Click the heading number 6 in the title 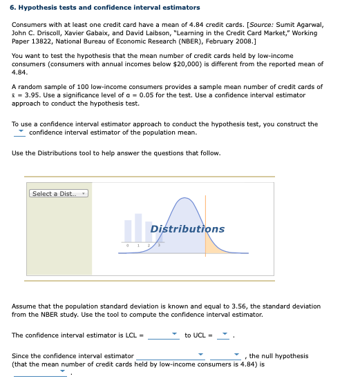15,8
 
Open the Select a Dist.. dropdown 59,193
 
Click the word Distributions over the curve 187,229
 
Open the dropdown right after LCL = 173,336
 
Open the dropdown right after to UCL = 225,336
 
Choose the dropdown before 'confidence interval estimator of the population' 21,132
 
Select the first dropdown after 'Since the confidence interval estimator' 200,357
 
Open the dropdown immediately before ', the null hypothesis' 236,357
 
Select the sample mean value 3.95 30,95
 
